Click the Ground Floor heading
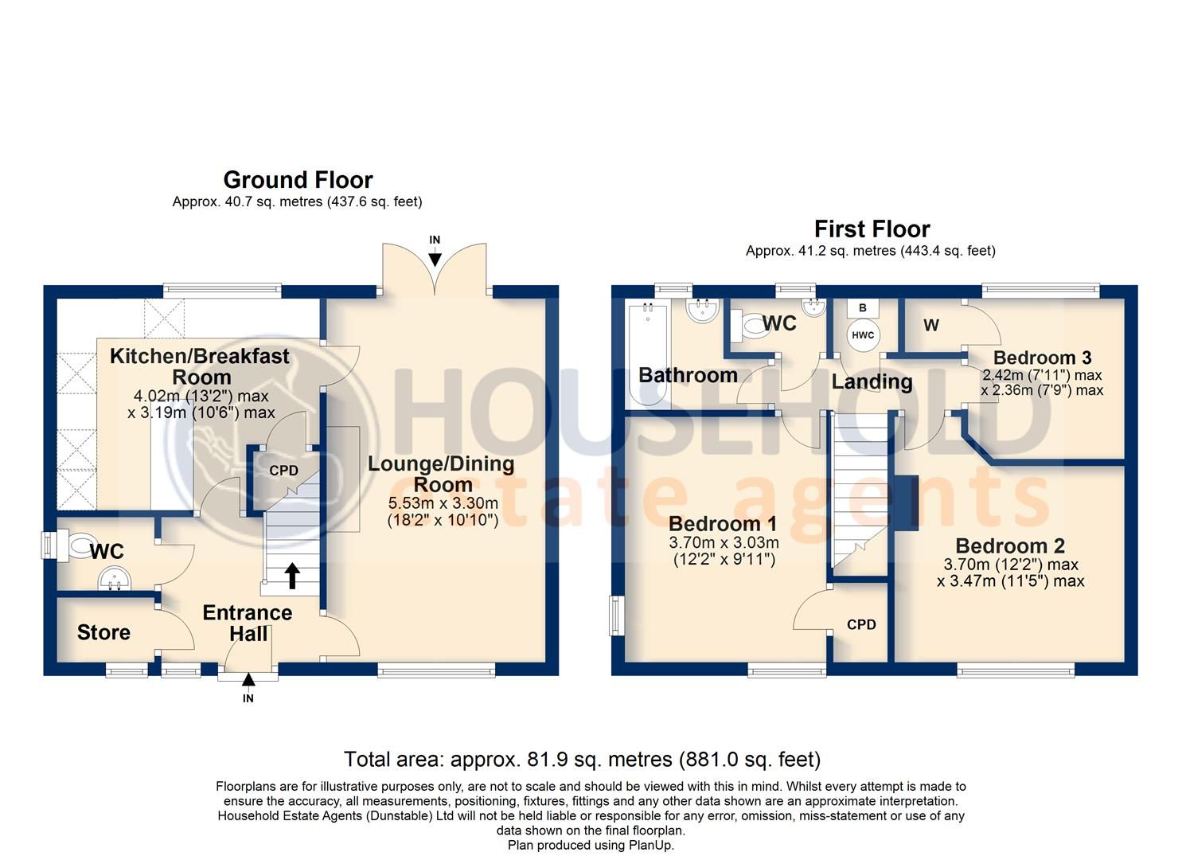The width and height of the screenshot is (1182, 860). click(298, 180)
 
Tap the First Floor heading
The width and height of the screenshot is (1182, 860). click(872, 229)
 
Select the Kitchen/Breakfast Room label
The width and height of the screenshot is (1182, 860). click(199, 366)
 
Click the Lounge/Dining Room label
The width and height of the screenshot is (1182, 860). click(441, 474)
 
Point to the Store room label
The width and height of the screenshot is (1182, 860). click(103, 632)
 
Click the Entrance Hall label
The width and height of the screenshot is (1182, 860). click(247, 623)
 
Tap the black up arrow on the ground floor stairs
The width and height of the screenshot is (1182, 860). click(292, 575)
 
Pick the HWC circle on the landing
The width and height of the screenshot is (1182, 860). click(863, 335)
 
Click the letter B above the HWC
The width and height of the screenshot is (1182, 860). click(863, 307)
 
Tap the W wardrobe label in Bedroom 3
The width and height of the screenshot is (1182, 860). click(931, 325)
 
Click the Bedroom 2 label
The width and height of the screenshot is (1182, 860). click(1009, 546)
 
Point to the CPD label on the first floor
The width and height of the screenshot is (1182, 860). click(861, 624)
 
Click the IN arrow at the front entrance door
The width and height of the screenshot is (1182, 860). click(248, 680)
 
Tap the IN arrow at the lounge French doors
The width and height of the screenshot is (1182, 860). click(435, 257)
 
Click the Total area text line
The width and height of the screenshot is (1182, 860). click(582, 759)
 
